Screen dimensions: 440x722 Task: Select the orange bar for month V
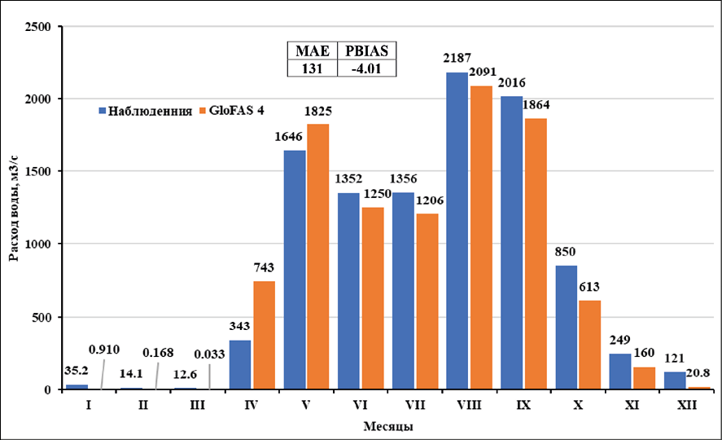pyautogui.click(x=317, y=257)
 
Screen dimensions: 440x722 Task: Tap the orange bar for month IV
pyautogui.click(x=264, y=335)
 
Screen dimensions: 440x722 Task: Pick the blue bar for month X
pyautogui.click(x=567, y=327)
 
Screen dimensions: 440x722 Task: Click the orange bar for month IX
pyautogui.click(x=536, y=253)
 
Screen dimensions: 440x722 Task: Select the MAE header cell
pyautogui.click(x=310, y=51)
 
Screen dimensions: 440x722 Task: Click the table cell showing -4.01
pyautogui.click(x=365, y=68)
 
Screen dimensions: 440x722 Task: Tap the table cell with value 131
pyautogui.click(x=310, y=68)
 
